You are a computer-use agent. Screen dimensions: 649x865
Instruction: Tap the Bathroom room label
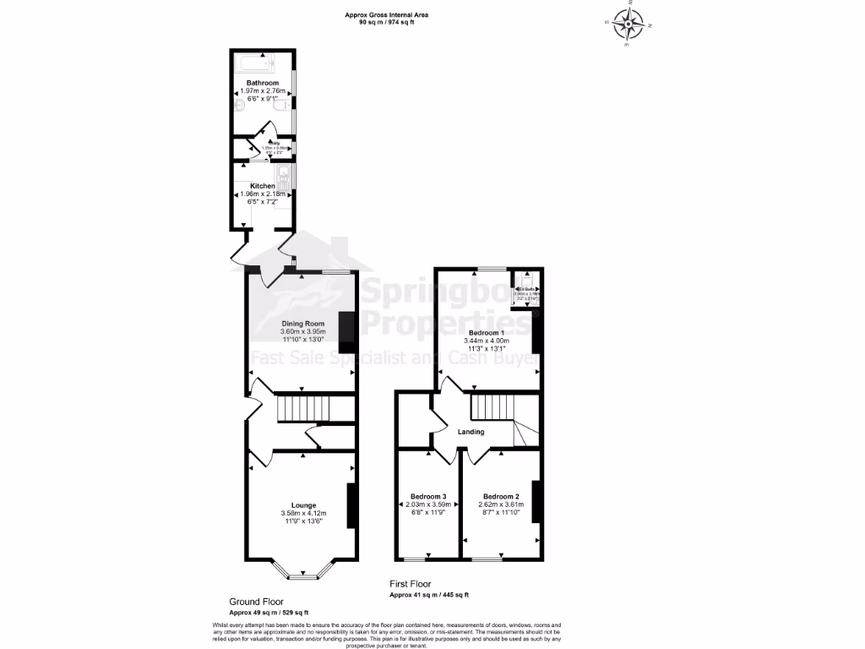(x=263, y=83)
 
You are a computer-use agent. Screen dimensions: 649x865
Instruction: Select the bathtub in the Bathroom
(x=263, y=63)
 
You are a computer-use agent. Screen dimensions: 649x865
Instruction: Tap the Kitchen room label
(x=263, y=185)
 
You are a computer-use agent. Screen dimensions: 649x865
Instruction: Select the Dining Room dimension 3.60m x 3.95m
(x=302, y=332)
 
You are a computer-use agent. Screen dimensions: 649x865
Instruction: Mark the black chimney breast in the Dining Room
(x=346, y=332)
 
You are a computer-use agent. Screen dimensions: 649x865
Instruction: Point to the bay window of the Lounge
(x=302, y=575)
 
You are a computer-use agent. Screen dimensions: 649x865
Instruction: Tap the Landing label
(x=471, y=432)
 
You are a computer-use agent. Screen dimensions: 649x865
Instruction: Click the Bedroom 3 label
(x=428, y=496)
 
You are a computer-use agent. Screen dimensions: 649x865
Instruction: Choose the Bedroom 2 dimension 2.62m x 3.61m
(x=501, y=504)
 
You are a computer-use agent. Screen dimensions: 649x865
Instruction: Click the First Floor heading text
(x=410, y=584)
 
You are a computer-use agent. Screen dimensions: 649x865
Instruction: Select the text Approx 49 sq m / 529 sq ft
(x=269, y=612)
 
